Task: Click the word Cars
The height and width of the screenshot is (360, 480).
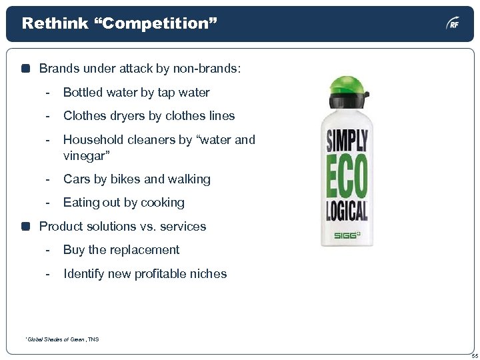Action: (x=76, y=179)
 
